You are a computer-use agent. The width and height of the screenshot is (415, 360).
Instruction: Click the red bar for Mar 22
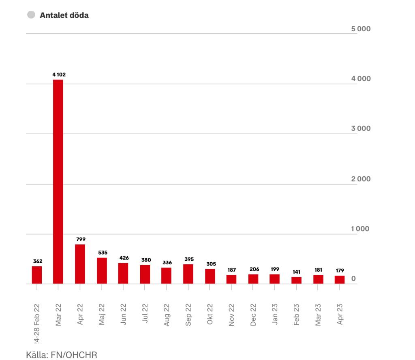coord(58,182)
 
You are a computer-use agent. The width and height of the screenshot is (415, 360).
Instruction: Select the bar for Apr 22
coord(80,264)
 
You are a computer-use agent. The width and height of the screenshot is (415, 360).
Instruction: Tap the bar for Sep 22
coord(188,274)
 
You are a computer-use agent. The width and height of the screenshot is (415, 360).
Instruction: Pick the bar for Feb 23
coord(296,280)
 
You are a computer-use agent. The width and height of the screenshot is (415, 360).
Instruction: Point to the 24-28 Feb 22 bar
coord(37,275)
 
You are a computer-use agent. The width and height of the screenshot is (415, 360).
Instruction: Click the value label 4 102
coord(59,74)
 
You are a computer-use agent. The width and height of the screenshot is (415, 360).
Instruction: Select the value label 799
coord(80,239)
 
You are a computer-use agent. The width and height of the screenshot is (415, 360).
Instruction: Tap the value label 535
coord(102,253)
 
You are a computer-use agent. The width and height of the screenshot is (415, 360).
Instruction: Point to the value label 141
coord(296,272)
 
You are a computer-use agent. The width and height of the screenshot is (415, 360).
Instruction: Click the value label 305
coord(210,264)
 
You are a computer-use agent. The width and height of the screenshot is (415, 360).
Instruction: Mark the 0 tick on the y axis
coord(354,279)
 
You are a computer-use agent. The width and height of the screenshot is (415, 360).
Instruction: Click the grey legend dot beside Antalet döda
coord(30,15)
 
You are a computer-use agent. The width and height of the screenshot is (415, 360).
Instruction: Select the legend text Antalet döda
coord(64,15)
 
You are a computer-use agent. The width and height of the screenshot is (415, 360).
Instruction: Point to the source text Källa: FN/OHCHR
coord(62,355)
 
